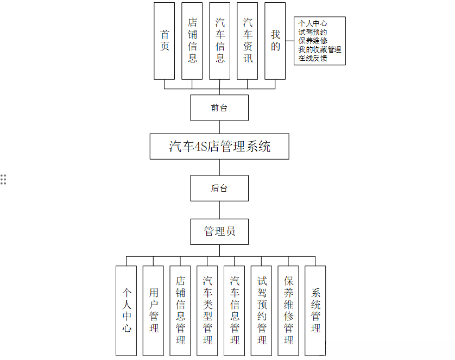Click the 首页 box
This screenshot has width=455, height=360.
click(x=165, y=41)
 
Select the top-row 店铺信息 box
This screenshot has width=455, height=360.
click(x=192, y=41)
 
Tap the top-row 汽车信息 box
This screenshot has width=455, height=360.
click(x=220, y=41)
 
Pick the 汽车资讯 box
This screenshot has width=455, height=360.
click(x=248, y=41)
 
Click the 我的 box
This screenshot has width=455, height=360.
click(x=275, y=41)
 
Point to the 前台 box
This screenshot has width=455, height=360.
click(x=219, y=108)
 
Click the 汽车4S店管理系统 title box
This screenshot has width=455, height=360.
click(x=219, y=146)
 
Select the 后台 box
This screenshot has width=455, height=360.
click(x=219, y=188)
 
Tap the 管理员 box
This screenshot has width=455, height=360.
click(x=219, y=231)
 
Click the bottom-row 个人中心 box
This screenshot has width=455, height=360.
click(x=127, y=311)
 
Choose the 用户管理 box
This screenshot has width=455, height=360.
click(x=153, y=311)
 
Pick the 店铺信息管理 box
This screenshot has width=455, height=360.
click(x=180, y=311)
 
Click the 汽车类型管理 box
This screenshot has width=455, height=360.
click(x=207, y=311)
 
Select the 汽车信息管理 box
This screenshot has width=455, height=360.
click(x=235, y=311)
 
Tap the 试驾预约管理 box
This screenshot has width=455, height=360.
click(x=262, y=311)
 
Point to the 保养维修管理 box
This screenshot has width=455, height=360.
click(x=288, y=311)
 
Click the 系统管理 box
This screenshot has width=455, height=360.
click(x=315, y=311)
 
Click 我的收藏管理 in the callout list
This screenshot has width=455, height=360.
click(x=320, y=49)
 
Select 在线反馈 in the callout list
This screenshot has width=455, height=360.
click(x=313, y=58)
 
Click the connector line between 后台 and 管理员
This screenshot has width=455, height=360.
click(x=219, y=210)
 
